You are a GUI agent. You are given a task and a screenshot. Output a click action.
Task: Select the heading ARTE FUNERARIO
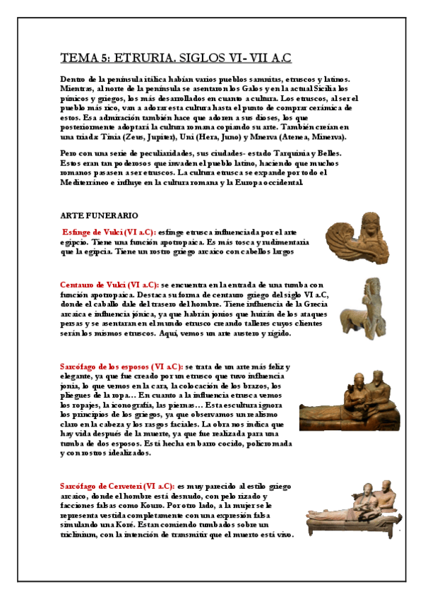coord(99,215)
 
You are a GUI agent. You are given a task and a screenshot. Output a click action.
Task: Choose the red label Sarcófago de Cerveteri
coord(117,486)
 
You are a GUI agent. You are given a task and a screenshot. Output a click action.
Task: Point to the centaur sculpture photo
coord(362,307)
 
